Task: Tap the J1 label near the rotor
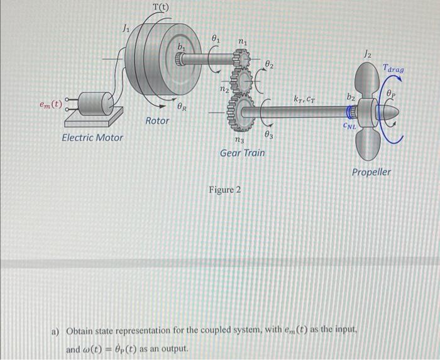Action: [126, 28]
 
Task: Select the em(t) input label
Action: [49, 106]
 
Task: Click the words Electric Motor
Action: [92, 137]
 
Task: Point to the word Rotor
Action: [157, 120]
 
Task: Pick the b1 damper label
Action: [182, 47]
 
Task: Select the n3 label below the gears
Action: [239, 140]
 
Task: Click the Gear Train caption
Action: [242, 153]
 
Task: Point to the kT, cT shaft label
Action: [305, 98]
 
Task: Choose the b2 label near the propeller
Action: [353, 97]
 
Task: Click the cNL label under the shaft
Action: [350, 126]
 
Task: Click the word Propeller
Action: [371, 172]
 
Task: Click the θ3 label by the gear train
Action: [269, 134]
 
